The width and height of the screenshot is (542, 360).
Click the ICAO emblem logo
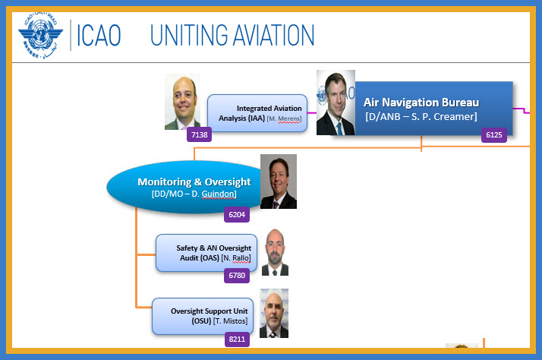click(40, 36)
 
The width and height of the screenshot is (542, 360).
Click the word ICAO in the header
click(99, 35)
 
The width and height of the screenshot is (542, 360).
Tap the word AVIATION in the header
click(273, 35)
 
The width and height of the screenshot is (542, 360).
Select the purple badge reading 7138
click(199, 134)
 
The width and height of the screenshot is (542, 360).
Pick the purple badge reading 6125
click(494, 135)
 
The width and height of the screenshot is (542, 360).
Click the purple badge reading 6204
click(237, 215)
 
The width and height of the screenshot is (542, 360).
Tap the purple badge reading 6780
click(237, 276)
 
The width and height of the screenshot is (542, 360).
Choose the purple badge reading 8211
click(237, 339)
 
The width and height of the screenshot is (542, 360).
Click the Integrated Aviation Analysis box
click(257, 113)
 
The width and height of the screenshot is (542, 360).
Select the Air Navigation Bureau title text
click(421, 103)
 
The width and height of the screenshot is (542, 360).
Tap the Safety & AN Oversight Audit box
click(206, 253)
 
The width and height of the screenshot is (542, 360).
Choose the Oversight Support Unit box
click(203, 316)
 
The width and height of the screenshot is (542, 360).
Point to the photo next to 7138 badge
click(182, 102)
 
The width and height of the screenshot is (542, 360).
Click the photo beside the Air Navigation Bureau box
click(336, 103)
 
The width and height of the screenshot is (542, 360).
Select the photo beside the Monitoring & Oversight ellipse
click(279, 182)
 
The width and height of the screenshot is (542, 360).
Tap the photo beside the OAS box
click(275, 252)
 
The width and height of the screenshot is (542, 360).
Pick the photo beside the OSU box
click(274, 314)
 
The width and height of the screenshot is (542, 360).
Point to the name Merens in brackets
click(289, 118)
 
